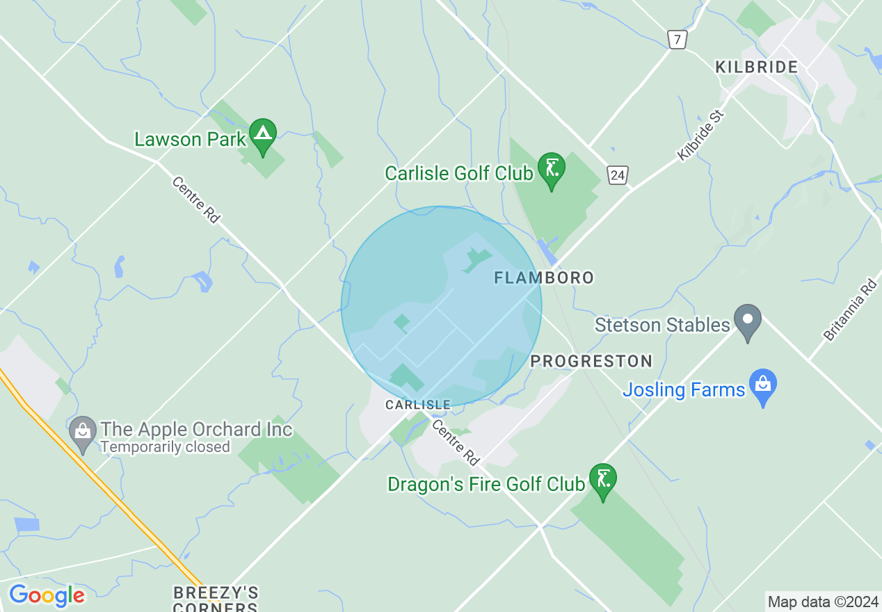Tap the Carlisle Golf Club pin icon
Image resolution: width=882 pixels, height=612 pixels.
(552, 168)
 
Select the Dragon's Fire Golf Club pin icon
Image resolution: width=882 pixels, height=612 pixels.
(603, 479)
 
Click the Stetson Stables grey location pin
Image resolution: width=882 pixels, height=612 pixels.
(748, 321)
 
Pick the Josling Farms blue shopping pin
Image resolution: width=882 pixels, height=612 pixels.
(764, 385)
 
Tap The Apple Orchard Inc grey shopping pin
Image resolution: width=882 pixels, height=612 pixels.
(83, 433)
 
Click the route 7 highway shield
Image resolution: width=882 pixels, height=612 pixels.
(677, 39)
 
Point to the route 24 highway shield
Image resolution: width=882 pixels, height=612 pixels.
(617, 175)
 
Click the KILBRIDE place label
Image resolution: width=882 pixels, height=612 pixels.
(757, 67)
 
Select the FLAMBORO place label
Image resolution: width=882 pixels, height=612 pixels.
(544, 278)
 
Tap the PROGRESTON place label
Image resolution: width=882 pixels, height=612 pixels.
(591, 361)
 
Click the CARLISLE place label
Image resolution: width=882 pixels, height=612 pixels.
(419, 405)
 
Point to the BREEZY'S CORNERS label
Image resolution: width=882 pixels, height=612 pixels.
(216, 598)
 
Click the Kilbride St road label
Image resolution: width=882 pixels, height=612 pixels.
(701, 134)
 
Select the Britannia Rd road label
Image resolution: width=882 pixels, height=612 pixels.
(851, 309)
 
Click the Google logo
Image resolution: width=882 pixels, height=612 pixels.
(47, 595)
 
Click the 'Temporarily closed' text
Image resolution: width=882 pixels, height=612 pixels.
(165, 447)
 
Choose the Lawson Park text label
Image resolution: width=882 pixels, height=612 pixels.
(190, 139)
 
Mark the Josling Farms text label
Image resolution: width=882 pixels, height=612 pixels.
(684, 389)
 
